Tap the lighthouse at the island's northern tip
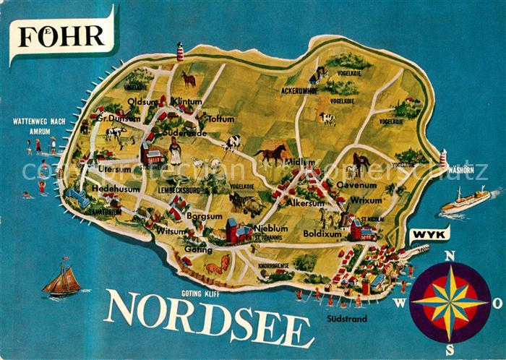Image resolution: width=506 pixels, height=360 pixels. (180, 51)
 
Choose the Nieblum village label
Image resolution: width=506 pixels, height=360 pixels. (272, 228)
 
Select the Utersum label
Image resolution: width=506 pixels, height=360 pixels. (115, 169)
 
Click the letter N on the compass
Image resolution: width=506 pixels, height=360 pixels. (448, 255)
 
